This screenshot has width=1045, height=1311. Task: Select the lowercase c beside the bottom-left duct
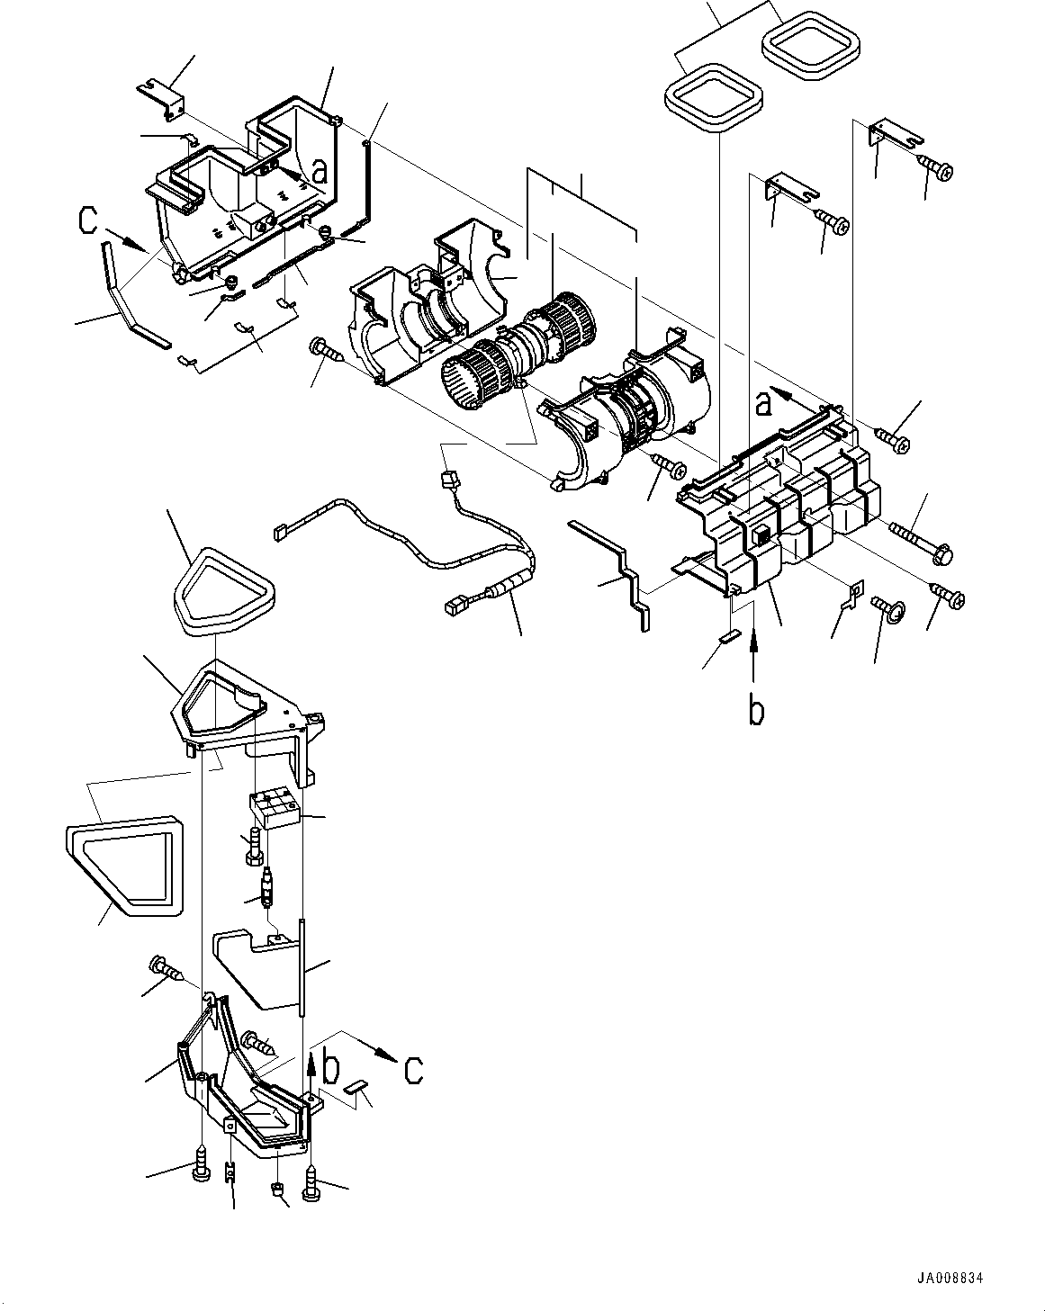pos(413,1071)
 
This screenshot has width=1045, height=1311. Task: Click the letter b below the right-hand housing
pos(757,711)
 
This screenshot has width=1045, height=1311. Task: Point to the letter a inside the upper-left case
pos(318,170)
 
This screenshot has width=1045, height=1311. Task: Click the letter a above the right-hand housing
pos(763,405)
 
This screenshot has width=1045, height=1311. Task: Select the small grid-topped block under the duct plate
pos(275,807)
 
